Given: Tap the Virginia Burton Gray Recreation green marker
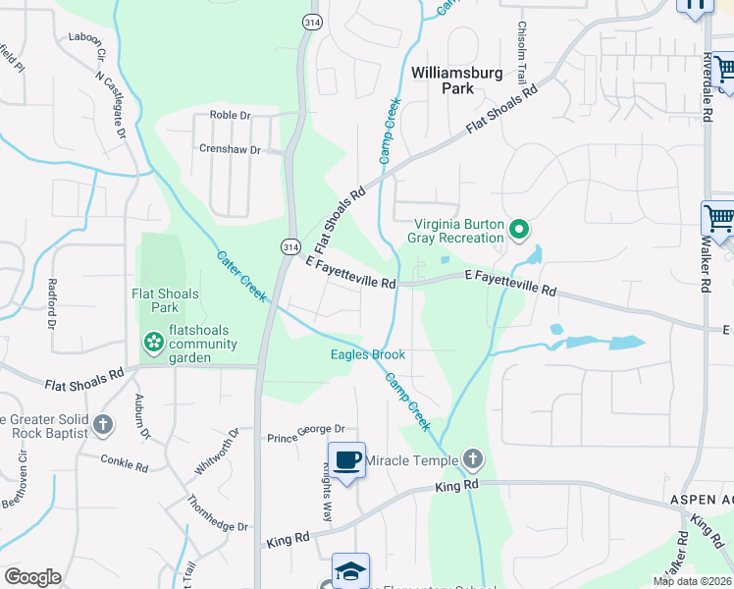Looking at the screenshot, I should click(x=521, y=232).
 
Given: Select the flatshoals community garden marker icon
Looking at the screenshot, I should click(x=153, y=343).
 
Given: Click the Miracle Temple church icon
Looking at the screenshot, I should click(x=473, y=459).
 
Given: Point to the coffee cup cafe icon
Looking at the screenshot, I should click(x=347, y=459).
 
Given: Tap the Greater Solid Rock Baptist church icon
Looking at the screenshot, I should click(x=103, y=426).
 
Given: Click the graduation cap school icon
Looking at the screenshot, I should click(x=350, y=570).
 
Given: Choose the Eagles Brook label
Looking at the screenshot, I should click(x=368, y=354).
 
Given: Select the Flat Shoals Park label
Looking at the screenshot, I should click(x=166, y=300).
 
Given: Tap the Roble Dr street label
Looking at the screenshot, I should click(x=231, y=116).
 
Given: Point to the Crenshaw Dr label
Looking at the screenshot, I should click(x=230, y=150).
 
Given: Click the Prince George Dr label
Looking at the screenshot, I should click(x=307, y=429).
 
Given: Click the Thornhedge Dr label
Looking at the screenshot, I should click(x=218, y=511).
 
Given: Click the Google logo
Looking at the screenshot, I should click(x=32, y=577).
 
